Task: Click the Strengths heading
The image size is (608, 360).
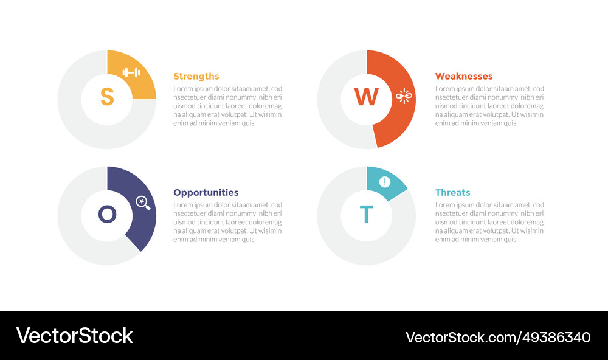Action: [x=196, y=76]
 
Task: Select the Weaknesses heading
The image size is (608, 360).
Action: [x=463, y=76]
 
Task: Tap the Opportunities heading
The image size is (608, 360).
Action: [x=206, y=192]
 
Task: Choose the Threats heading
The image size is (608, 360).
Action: [x=452, y=192]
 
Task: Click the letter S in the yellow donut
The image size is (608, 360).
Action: [x=107, y=97]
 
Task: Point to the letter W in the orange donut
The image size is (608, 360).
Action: [x=366, y=97]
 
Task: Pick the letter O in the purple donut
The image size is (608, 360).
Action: [x=107, y=213]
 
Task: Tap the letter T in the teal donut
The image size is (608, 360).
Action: [x=366, y=215]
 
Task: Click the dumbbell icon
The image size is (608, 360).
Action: [x=131, y=73]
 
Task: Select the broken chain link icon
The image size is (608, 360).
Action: [x=404, y=95]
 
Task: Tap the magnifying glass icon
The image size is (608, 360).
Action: [x=143, y=202]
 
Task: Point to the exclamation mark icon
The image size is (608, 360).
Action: [x=384, y=181]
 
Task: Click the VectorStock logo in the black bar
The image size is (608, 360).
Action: [x=74, y=336]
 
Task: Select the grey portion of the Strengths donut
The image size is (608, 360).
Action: [x=79, y=122]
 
